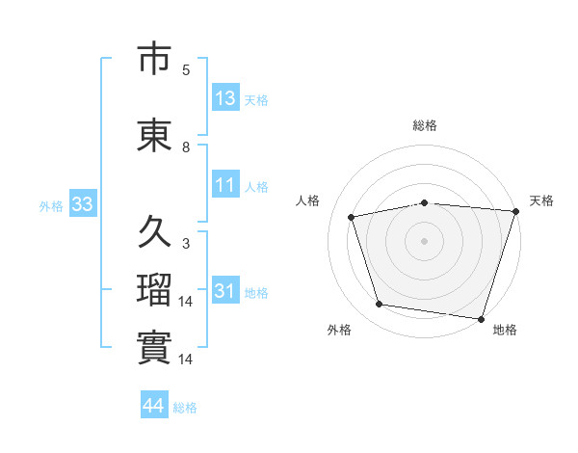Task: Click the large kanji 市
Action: point(154,58)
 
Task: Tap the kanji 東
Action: point(154,135)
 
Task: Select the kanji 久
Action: point(154,231)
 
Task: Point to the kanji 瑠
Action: point(154,289)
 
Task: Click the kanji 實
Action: point(154,347)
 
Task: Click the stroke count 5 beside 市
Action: point(186,70)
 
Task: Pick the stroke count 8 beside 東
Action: point(186,147)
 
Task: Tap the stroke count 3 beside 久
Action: point(186,244)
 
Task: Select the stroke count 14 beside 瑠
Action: point(185,302)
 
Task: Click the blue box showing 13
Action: point(226,96)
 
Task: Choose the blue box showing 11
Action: point(226,184)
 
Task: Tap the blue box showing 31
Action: point(226,289)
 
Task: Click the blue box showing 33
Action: point(83,203)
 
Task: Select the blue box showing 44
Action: point(154,404)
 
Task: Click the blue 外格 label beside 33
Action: point(51,206)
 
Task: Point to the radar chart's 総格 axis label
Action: point(425,125)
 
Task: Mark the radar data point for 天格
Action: point(516,211)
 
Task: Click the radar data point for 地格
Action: point(481,319)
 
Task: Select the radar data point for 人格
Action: point(351,217)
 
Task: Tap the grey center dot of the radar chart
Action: point(424,241)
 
